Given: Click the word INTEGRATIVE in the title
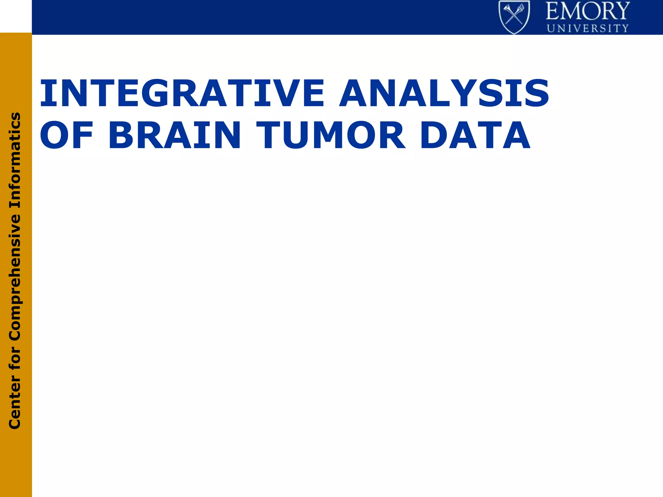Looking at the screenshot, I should pyautogui.click(x=181, y=94).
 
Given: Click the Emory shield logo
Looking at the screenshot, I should pyautogui.click(x=514, y=17).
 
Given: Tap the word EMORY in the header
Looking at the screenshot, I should pyautogui.click(x=588, y=11).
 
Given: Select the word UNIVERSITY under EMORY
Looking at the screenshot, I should pyautogui.click(x=588, y=28).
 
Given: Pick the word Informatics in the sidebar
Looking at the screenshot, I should pyautogui.click(x=15, y=160).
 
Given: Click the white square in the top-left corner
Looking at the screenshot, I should pyautogui.click(x=16, y=16).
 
